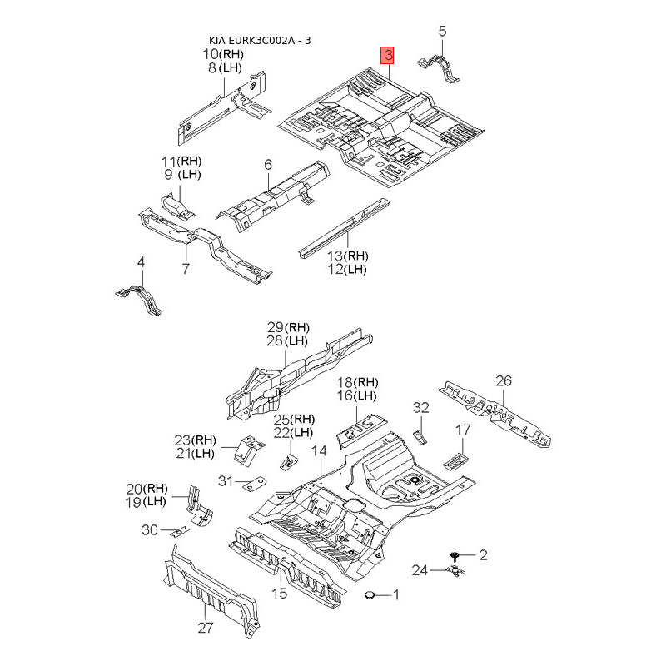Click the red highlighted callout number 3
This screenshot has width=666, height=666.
point(389,56)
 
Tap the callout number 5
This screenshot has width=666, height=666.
point(443,32)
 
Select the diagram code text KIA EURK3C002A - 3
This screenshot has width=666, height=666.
point(265,41)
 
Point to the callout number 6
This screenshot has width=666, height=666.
point(269,166)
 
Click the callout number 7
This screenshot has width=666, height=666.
point(186,268)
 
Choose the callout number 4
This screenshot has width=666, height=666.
point(141,262)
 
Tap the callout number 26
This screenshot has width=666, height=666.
point(504,381)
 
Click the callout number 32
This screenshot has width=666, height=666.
point(421,407)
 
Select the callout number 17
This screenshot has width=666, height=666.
point(463,430)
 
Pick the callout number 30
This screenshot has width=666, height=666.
point(150,529)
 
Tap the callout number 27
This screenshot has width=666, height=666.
point(205,629)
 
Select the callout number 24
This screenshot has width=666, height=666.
point(420,570)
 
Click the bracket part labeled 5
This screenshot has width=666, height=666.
point(443,67)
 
